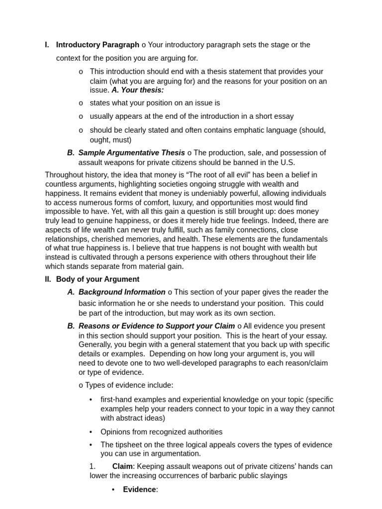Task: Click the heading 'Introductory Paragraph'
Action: [97, 45]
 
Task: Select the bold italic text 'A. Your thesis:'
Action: [137, 90]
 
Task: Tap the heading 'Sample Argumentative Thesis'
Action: [131, 153]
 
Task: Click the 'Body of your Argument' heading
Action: [97, 279]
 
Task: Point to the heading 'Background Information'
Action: [122, 292]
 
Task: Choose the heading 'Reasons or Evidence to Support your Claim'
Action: [157, 326]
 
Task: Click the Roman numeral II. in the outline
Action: [48, 279]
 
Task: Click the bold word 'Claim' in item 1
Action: [122, 466]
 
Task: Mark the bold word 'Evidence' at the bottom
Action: [139, 490]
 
